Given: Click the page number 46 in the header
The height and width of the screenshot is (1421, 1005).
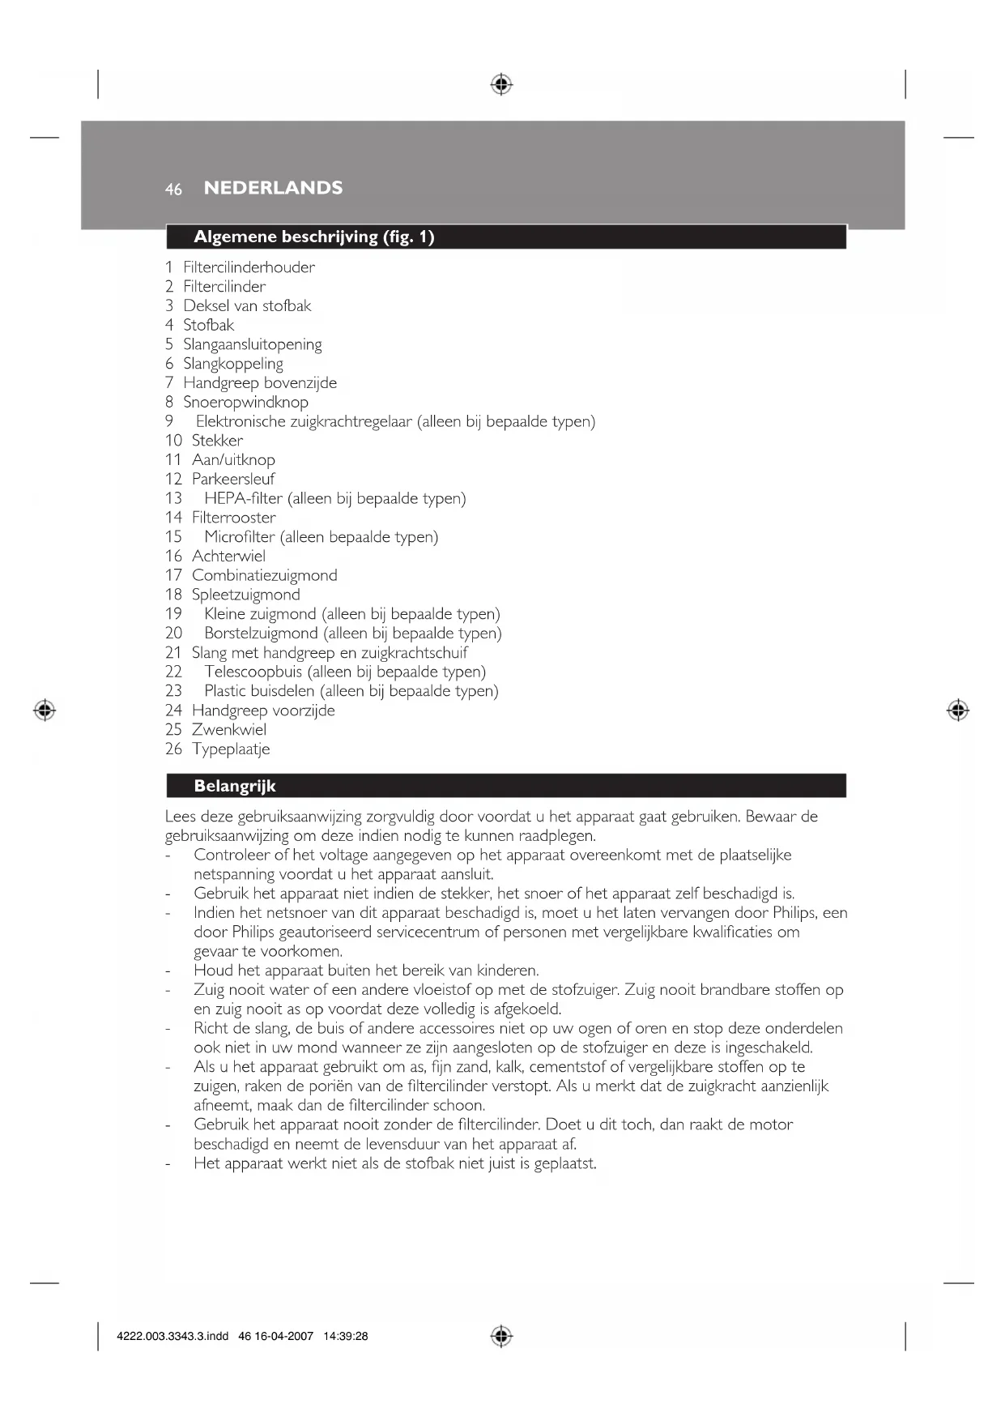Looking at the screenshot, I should pos(173,190).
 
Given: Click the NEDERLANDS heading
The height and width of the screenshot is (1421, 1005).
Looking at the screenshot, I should pos(273,188).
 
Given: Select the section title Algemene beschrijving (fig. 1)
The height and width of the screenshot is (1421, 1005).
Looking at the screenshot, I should pos(313,237).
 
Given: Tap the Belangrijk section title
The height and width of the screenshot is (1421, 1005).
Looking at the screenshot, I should pos(234,786).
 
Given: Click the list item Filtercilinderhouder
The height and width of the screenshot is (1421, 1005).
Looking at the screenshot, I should pos(249,267).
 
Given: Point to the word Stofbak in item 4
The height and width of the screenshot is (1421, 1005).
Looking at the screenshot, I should pos(208,325).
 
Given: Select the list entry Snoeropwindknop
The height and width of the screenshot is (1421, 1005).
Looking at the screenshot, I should pos(245,402).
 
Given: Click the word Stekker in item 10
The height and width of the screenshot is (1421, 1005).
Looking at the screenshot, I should pos(217,441).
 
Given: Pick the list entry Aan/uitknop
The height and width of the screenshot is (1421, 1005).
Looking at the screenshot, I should pos(233,460).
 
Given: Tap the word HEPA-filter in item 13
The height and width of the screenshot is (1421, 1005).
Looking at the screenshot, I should pos(243,498).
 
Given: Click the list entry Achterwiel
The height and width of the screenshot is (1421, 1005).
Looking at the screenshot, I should pos(228,556).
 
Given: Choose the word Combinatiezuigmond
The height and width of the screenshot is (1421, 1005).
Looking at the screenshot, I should pos(264,575).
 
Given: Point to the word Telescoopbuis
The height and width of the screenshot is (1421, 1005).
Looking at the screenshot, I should pos(253,672).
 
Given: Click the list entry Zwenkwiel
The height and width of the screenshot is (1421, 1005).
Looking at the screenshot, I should pos(228,729).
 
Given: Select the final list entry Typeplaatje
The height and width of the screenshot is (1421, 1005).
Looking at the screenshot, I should pos(231,749).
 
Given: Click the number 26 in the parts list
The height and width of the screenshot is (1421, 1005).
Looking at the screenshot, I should pos(173,749).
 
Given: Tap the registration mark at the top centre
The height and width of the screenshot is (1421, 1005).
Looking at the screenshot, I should pos(501,84).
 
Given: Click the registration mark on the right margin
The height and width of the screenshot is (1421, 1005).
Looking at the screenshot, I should pos(957,710).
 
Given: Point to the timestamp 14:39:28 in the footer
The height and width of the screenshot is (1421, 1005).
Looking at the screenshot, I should pos(345,1337).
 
